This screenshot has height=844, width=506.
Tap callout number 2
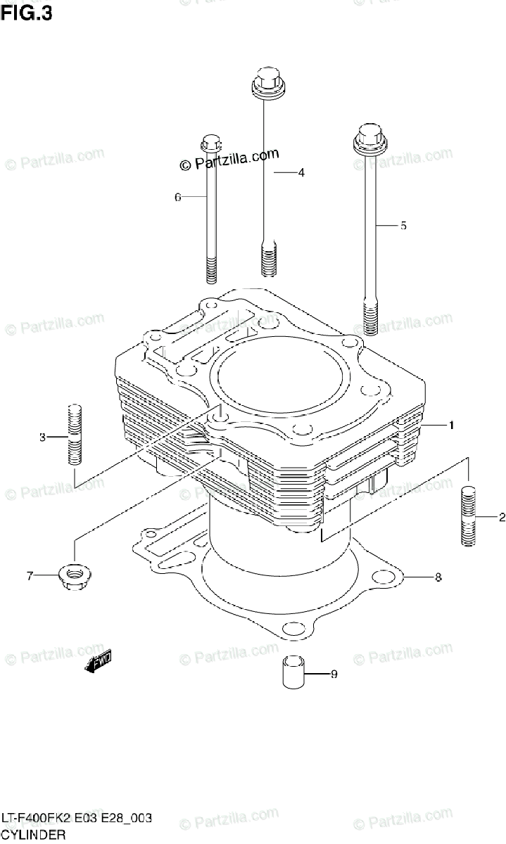pos(502,518)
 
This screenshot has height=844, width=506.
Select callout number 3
pos(42,437)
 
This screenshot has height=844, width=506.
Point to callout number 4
pos(301,172)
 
